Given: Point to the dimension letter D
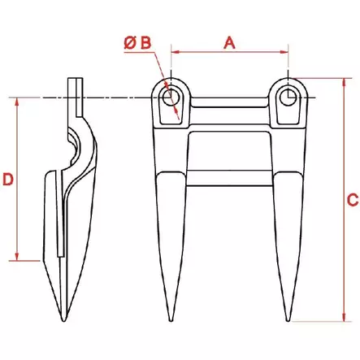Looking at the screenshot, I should [7, 179].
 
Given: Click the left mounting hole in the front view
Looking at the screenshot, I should [171, 98].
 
